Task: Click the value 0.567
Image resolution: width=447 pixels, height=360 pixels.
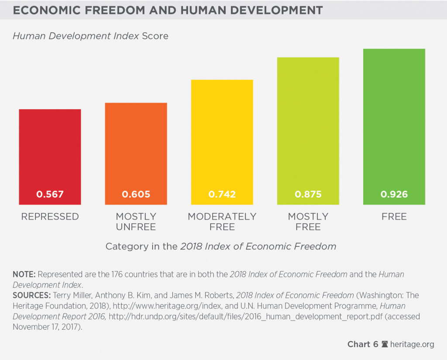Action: (x=50, y=194)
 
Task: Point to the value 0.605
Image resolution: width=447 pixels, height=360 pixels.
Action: (x=136, y=194)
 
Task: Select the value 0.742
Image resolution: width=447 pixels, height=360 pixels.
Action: (x=222, y=194)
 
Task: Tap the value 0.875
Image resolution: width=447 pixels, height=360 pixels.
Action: (x=308, y=194)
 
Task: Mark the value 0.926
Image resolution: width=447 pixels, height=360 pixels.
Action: (x=394, y=194)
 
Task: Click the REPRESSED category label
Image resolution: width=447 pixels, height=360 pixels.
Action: (x=50, y=217)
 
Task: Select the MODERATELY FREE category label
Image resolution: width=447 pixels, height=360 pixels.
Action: (x=222, y=222)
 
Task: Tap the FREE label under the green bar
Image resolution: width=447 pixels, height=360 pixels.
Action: (x=394, y=217)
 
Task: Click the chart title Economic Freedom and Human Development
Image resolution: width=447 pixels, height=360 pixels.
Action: (x=168, y=10)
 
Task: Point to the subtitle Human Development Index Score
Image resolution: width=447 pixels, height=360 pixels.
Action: (x=90, y=36)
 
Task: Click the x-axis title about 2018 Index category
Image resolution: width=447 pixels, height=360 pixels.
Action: (x=221, y=246)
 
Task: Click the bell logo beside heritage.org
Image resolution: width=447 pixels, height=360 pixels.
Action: (x=385, y=344)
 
